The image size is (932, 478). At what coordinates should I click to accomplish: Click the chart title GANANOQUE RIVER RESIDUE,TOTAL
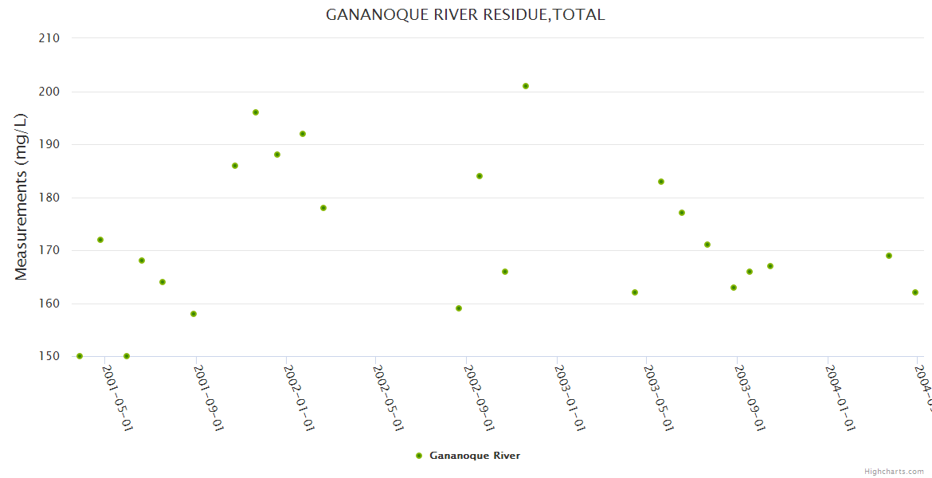coord(465,15)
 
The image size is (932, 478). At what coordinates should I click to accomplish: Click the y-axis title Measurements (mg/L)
coord(22,197)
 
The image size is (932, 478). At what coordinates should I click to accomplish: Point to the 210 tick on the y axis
coord(50,38)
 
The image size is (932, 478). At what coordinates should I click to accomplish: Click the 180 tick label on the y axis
coord(50,198)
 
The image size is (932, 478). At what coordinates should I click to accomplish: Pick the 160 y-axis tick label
coord(50,304)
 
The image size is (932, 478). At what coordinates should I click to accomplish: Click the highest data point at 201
coord(526,86)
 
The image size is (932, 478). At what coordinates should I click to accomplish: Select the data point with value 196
coord(256,112)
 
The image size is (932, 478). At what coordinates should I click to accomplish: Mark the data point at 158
coord(194,314)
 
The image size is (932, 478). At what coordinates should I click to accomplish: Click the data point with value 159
coord(459,308)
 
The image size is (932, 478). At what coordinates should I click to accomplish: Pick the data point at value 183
coord(661,182)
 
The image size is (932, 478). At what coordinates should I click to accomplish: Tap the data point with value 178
coord(323,208)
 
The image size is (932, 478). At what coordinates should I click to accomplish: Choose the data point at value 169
coord(889,256)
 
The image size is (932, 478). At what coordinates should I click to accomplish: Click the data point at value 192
coord(303,134)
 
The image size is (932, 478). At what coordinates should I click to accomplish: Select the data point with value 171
coord(707,245)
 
